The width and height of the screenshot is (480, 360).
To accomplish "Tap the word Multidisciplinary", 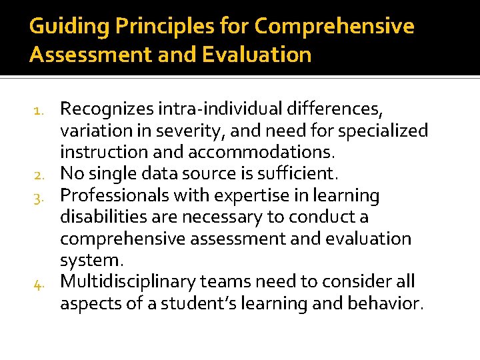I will (130, 283).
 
